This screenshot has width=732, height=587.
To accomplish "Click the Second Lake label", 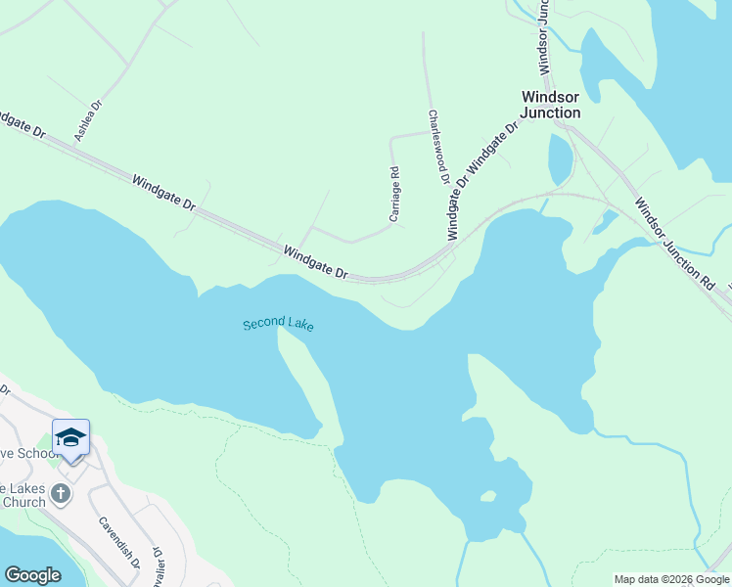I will (279, 325).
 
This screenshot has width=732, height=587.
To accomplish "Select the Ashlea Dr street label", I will (89, 120).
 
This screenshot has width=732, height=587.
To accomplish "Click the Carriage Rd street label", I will (394, 195).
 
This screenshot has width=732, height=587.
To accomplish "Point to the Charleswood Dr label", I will (436, 147).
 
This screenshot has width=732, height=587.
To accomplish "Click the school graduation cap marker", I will (70, 436).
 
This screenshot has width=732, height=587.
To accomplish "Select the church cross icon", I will (61, 493).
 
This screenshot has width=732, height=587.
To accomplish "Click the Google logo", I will (32, 575).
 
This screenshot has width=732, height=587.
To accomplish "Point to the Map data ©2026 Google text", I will (671, 579).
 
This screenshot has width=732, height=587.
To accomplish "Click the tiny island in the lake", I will (487, 497).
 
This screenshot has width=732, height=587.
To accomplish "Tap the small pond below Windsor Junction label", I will (560, 158).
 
